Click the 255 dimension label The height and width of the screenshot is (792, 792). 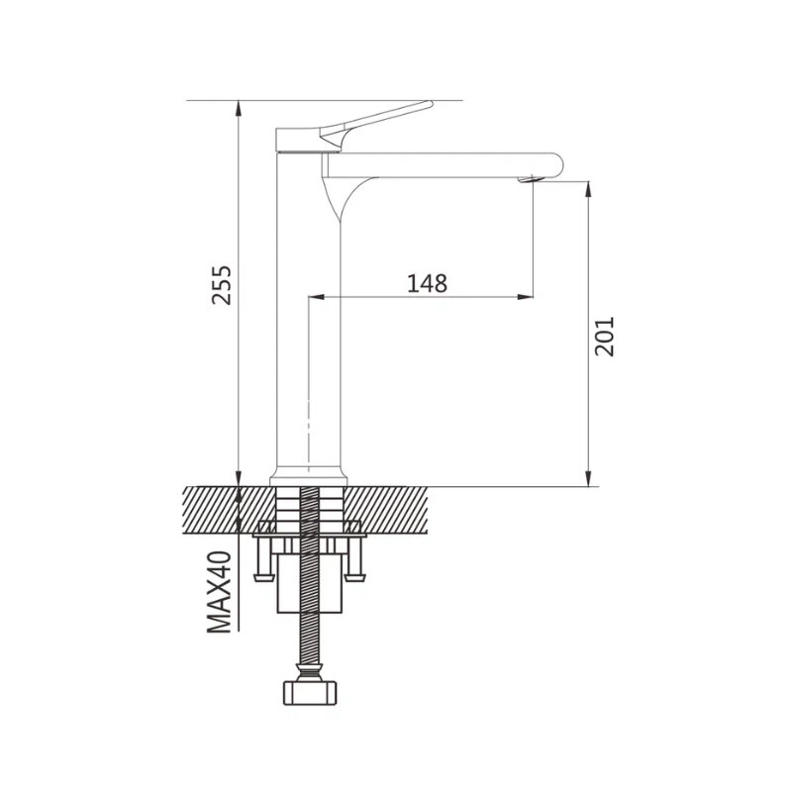point(221,284)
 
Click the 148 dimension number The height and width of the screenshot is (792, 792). point(428,283)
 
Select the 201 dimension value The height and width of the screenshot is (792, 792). point(604,337)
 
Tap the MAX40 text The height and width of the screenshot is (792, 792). point(220,591)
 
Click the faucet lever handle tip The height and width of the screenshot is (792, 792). point(430,104)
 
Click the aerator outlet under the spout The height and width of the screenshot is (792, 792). point(530,180)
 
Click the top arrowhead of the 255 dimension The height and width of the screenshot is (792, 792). point(239,108)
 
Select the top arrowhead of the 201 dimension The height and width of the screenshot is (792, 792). point(588,189)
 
